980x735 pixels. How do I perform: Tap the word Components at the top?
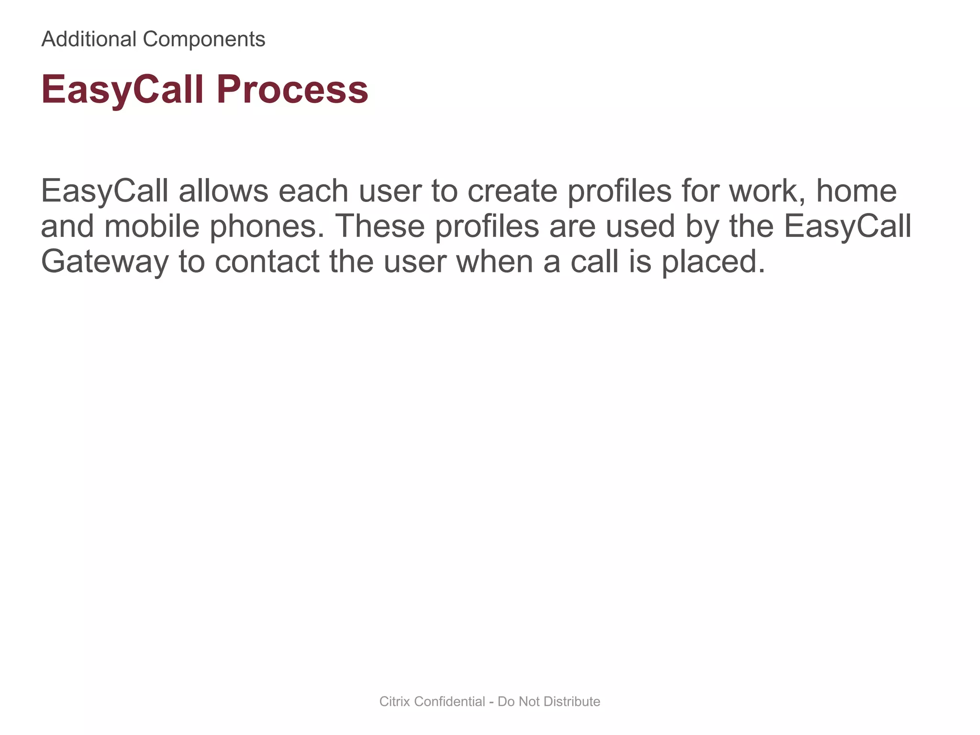coord(204,39)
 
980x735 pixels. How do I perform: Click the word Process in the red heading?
coord(292,89)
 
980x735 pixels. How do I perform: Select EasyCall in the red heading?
coord(122,89)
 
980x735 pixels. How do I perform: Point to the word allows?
coord(223,191)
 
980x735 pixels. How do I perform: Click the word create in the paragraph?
coord(512,191)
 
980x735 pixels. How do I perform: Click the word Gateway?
coord(105,262)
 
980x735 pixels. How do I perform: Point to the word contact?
coord(267,262)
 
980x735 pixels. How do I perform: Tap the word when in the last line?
coord(495,262)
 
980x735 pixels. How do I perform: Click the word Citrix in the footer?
coord(395,702)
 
